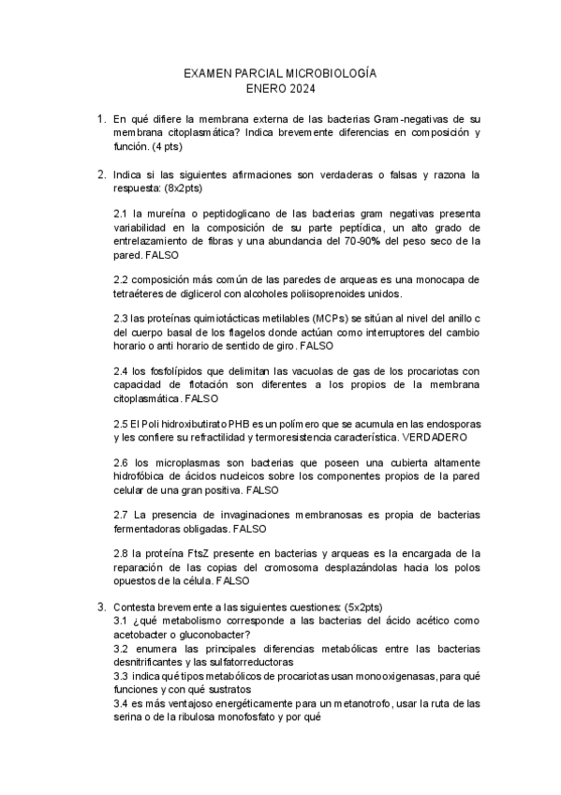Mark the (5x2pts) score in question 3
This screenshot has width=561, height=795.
click(x=370, y=607)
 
